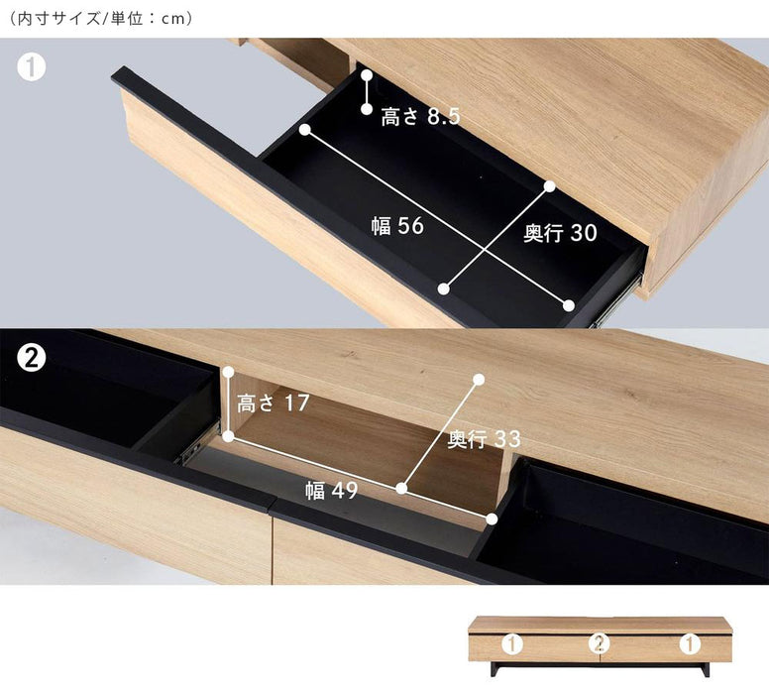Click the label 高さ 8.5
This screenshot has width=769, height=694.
click(421, 117)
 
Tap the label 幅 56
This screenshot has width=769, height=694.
click(397, 226)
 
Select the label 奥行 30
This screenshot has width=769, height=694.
click(560, 233)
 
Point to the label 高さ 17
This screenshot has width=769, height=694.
click(273, 403)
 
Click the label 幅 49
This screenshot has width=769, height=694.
click(332, 491)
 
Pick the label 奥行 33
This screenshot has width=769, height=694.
click(484, 439)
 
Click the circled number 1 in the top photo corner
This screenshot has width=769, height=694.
click(32, 67)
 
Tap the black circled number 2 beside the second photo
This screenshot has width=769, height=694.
click(32, 359)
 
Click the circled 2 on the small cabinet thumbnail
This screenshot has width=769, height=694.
click(600, 643)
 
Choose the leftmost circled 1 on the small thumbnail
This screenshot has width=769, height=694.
click(511, 643)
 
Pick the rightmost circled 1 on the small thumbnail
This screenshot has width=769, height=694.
click(690, 643)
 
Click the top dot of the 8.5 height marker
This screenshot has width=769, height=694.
click(367, 75)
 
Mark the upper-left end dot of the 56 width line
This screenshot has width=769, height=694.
click(305, 130)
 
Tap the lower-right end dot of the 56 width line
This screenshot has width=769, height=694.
click(569, 305)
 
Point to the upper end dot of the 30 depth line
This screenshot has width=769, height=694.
click(549, 186)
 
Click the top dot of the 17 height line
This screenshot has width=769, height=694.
click(228, 372)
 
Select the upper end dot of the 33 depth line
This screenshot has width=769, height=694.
click(480, 380)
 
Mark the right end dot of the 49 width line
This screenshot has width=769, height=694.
click(492, 519)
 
